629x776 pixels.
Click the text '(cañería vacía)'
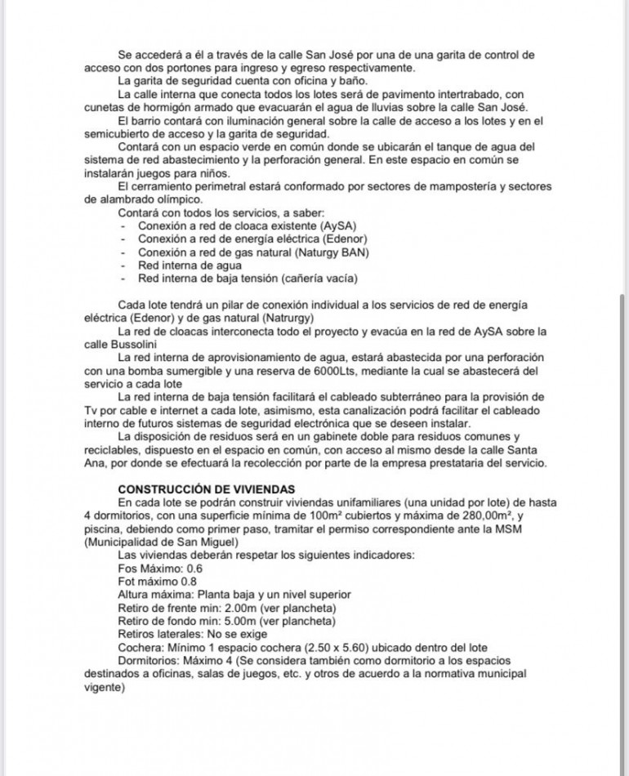tap(318, 279)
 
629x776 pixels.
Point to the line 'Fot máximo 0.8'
tap(157, 581)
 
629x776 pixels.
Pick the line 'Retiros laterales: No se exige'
tap(193, 634)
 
